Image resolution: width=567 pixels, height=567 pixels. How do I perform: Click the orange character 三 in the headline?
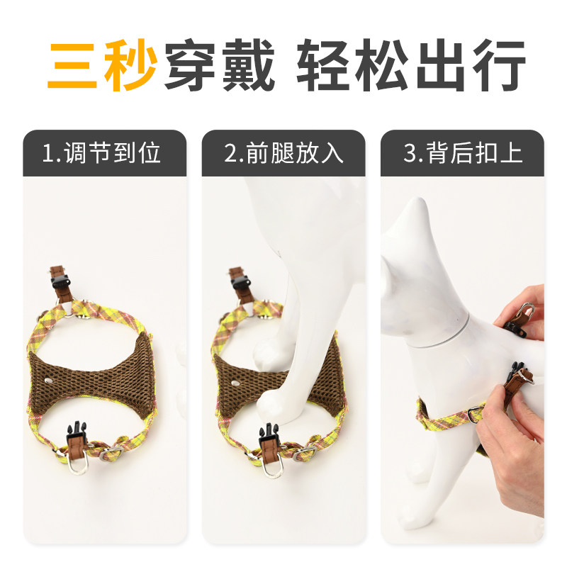[x=72, y=65]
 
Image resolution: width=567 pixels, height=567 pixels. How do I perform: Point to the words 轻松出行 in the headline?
[x=411, y=64]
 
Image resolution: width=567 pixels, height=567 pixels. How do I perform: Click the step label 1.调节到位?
[x=101, y=153]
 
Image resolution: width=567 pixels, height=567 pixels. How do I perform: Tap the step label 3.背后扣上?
[x=463, y=153]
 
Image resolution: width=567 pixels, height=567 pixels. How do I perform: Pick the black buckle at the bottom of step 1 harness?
[x=77, y=432]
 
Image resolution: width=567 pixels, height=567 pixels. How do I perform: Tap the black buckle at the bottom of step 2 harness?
[x=269, y=434]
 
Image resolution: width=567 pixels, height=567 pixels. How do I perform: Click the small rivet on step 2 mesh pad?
[x=236, y=383]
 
